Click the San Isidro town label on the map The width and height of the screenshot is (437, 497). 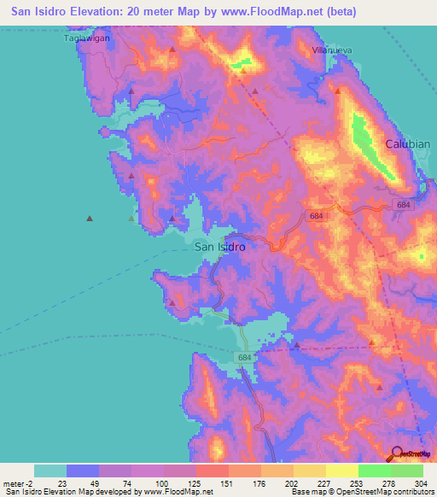[220, 247]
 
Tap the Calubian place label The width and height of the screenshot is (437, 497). [410, 143]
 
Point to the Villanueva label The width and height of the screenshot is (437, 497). [332, 50]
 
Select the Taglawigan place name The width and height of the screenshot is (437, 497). [88, 38]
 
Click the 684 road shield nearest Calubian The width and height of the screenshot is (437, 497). [403, 205]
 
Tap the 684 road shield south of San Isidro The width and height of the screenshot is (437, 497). [246, 357]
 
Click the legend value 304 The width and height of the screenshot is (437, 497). [423, 481]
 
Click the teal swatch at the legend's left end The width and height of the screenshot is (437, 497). [50, 470]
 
